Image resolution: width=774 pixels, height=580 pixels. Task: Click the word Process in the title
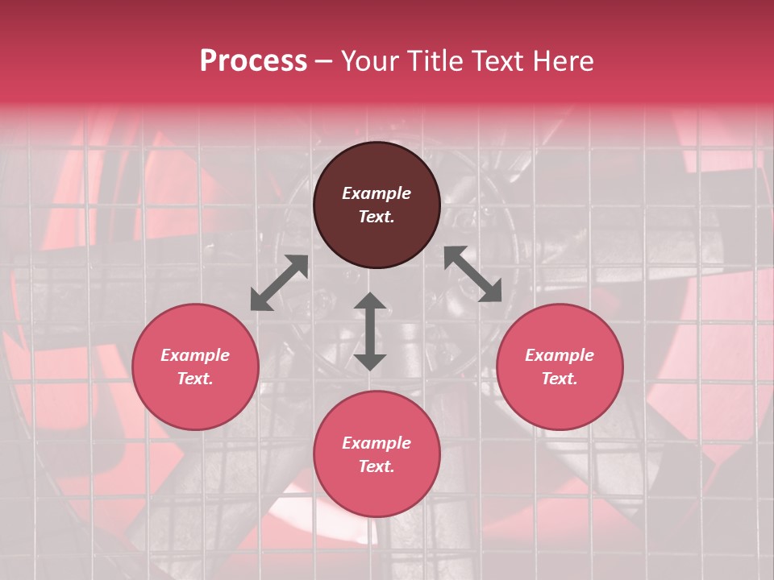253,61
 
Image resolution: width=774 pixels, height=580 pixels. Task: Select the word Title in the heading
432,61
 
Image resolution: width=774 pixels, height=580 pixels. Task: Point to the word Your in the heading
371,61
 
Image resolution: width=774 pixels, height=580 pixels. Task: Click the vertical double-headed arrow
370,331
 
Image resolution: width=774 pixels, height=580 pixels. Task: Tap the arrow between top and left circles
279,283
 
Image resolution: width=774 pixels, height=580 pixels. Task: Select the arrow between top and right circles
472,275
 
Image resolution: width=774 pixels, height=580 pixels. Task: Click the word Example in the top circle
377,193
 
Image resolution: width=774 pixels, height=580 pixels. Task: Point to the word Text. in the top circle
377,217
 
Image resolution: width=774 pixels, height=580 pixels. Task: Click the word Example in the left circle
195,355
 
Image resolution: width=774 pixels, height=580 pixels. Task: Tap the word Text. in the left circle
195,379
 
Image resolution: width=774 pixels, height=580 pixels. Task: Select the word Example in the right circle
560,355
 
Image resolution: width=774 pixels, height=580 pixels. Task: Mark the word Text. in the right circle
560,379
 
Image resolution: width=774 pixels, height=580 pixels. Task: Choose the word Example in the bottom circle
377,443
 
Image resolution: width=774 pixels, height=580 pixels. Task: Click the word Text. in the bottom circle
377,466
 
